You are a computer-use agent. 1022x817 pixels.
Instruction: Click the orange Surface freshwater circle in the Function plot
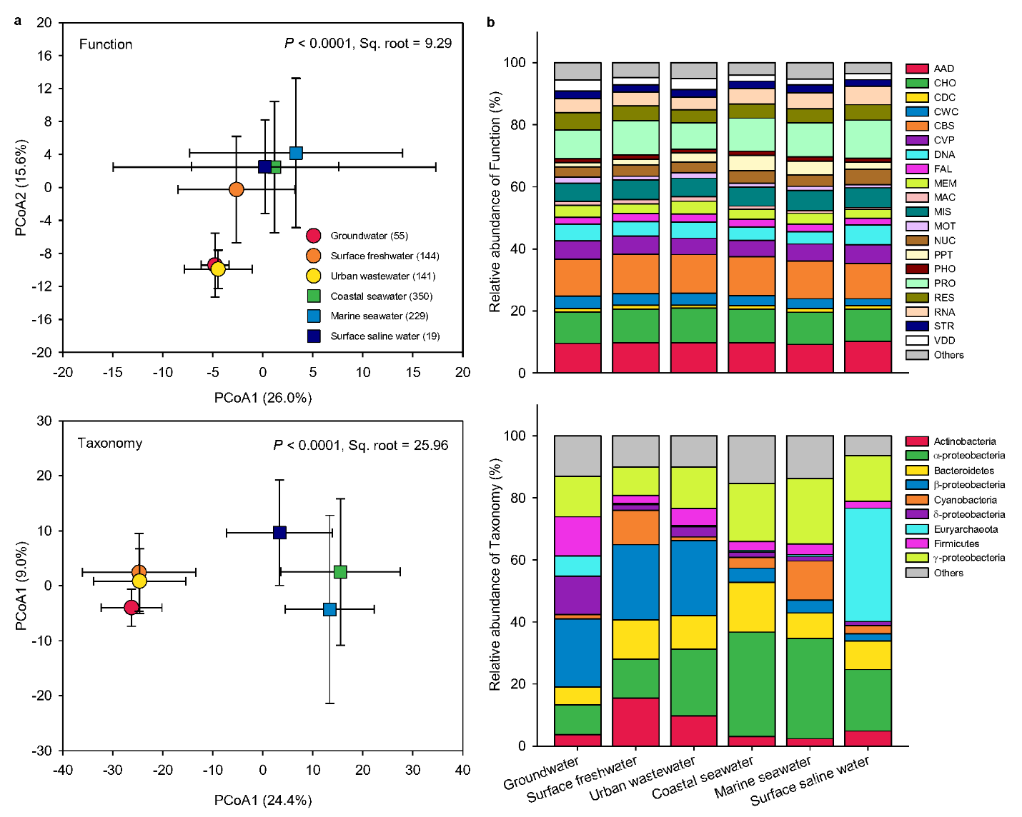pos(237,189)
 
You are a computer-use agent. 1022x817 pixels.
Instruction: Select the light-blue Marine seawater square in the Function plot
pos(296,153)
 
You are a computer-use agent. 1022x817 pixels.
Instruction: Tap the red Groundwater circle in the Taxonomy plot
pos(131,607)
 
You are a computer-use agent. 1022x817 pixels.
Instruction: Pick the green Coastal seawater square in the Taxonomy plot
pos(340,571)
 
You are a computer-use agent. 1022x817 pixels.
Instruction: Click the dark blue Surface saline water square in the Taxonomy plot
pos(279,532)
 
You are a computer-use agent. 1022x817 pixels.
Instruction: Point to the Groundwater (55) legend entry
pos(368,236)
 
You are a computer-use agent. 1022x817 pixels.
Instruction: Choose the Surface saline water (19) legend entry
pos(385,336)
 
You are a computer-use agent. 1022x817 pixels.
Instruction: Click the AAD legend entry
pos(943,69)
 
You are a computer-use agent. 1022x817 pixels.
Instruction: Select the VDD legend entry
pos(943,341)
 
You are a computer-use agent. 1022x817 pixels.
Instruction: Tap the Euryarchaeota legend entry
pos(965,529)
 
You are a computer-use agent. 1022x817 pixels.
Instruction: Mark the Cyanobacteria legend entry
pos(965,500)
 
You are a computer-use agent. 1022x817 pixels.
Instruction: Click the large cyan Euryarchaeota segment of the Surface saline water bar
pos(868,564)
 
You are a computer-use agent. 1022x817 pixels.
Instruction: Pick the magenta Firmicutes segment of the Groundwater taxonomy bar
pos(577,536)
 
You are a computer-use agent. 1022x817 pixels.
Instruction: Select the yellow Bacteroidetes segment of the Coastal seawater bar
pos(752,607)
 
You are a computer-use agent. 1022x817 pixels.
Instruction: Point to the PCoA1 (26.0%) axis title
pos(263,398)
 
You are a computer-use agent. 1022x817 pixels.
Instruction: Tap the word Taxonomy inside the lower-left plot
pos(110,443)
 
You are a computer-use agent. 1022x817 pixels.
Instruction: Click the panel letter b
pos(491,22)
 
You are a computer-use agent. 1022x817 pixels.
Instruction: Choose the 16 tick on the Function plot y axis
pos(45,56)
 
